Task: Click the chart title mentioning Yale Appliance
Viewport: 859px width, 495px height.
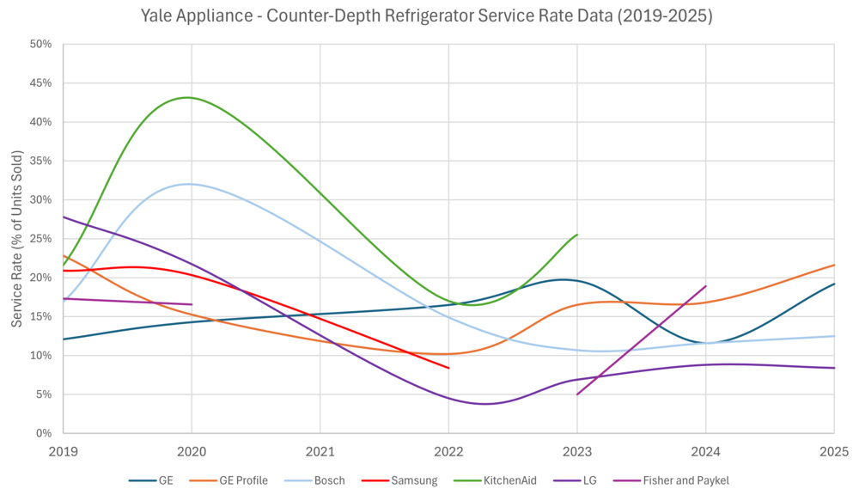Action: point(429,16)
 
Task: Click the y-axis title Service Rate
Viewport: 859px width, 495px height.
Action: point(17,238)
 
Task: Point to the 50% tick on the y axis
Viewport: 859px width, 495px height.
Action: point(40,44)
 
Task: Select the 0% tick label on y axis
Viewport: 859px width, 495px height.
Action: point(44,433)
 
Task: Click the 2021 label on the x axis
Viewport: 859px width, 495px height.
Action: point(320,450)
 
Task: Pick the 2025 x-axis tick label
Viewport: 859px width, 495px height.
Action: point(833,450)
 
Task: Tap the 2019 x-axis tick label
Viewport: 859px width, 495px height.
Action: point(64,450)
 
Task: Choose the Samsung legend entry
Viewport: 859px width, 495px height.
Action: point(416,480)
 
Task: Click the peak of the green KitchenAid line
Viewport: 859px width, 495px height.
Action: point(188,97)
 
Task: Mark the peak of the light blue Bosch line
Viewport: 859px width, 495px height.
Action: point(190,184)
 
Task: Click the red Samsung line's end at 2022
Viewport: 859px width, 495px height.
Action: point(448,368)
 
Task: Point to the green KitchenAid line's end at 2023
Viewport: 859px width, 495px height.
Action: point(576,235)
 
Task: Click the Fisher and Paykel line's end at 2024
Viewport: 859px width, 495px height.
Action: point(705,286)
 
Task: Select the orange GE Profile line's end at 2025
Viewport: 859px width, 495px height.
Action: point(833,265)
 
